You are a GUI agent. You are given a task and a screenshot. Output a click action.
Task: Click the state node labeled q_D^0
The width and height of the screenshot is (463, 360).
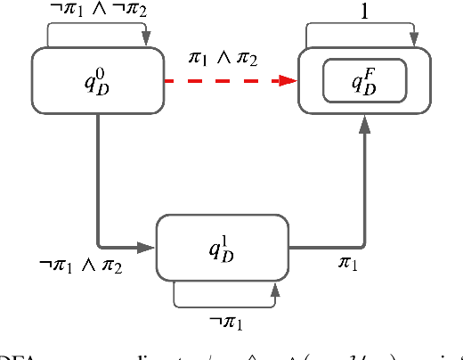click(x=98, y=81)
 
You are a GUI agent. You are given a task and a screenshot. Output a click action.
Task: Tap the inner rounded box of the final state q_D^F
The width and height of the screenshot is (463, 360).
click(x=365, y=81)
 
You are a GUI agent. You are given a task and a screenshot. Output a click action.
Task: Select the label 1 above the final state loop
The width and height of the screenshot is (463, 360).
click(x=365, y=10)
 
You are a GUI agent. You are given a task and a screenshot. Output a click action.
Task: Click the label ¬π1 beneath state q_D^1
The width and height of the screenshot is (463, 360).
click(x=225, y=320)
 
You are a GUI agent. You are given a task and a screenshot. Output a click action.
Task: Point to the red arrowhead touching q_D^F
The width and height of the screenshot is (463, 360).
click(x=288, y=81)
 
